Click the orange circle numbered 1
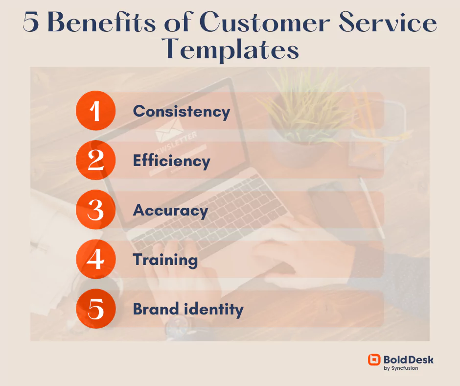tap(95, 111)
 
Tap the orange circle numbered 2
tap(95, 160)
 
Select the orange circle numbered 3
tap(95, 210)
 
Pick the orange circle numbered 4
tap(95, 259)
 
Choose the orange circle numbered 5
tap(95, 309)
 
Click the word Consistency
tap(182, 112)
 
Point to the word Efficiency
tap(172, 161)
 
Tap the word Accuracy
tap(170, 211)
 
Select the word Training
tap(165, 260)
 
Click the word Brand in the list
tap(156, 309)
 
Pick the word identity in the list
tap(214, 310)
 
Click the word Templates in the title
tap(230, 49)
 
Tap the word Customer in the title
tap(265, 23)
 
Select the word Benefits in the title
tap(101, 23)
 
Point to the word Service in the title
tap(388, 23)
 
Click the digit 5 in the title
tap(31, 23)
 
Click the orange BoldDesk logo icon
tap(374, 360)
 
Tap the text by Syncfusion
tap(401, 368)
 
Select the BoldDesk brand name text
tap(408, 360)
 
